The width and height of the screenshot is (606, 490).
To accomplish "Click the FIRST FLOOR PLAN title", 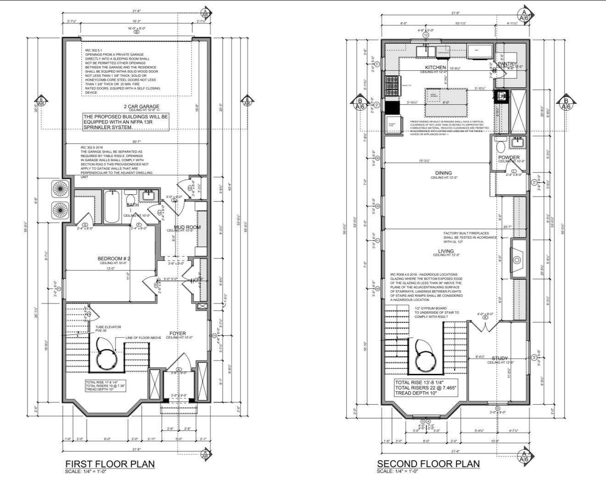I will tap(110, 464).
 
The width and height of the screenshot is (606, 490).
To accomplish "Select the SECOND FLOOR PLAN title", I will tap(428, 463).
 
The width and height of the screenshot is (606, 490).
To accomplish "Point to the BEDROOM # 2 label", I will tap(114, 259).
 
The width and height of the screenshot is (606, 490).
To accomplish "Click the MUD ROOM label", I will tap(187, 227).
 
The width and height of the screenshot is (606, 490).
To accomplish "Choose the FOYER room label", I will tap(178, 333).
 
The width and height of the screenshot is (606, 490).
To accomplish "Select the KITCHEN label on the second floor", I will tap(436, 68).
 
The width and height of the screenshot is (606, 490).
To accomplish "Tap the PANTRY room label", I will tap(507, 64).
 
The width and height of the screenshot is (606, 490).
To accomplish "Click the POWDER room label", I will tap(509, 158).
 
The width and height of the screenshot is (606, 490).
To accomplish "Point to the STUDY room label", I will tap(499, 358).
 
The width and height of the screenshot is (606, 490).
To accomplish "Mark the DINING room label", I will tap(444, 173).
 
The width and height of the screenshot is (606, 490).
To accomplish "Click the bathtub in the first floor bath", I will tap(112, 206).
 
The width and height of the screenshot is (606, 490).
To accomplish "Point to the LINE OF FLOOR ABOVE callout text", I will tap(143, 338).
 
